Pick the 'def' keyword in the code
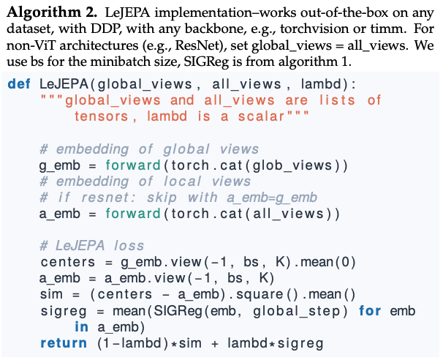pyautogui.click(x=18, y=83)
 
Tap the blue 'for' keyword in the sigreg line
pyautogui.click(x=370, y=311)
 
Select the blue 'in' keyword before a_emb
pyautogui.click(x=81, y=326)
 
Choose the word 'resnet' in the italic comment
pyautogui.click(x=110, y=198)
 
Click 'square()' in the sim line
pyautogui.click(x=267, y=295)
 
